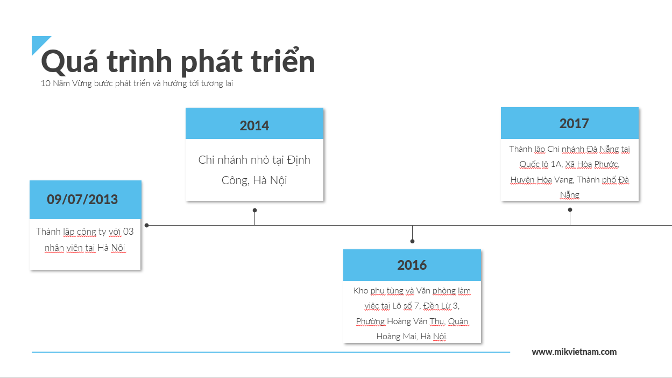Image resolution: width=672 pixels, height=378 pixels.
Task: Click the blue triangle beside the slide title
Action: pos(38,43)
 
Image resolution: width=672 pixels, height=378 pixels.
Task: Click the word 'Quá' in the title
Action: pos(69,62)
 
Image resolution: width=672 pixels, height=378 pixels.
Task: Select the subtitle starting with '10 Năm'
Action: pos(137,83)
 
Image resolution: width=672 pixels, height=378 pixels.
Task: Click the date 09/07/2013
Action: pos(82,199)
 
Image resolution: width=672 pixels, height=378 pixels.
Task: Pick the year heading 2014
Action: pos(254,125)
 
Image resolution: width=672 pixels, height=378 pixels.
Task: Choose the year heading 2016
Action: pos(412,265)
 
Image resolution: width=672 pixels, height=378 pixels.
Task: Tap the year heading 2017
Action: pos(574,123)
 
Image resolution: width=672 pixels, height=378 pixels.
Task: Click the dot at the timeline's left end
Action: pos(147,225)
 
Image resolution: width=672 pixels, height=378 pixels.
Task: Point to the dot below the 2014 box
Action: pos(254,210)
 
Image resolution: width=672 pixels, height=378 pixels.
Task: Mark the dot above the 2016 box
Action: pos(413,241)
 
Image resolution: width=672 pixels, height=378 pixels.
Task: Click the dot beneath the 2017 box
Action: pos(570,210)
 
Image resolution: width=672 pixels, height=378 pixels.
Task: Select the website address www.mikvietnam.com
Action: pos(574,352)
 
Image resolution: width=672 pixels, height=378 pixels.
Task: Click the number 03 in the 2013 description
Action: pos(128,232)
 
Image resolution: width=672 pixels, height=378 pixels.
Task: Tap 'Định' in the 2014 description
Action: pos(299,160)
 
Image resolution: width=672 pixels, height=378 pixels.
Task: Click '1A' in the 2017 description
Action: pos(556,164)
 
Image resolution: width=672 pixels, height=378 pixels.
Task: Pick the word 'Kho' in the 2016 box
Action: pos(360,291)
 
